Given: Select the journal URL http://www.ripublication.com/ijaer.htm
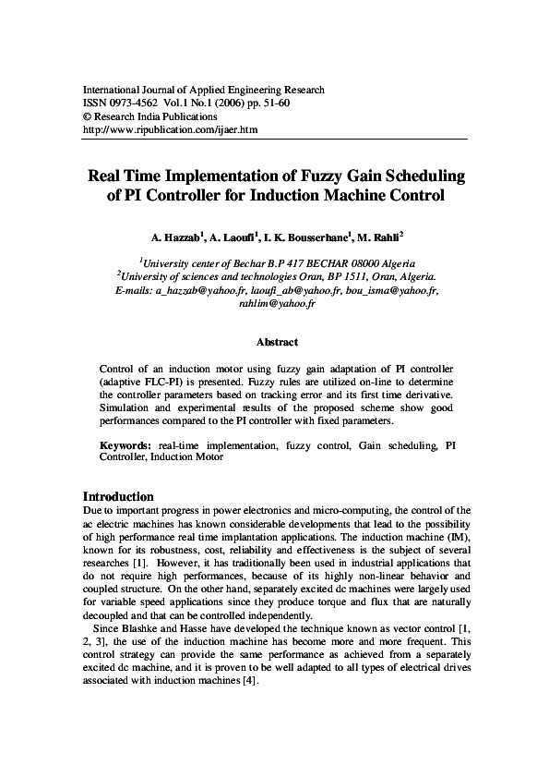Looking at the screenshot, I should [171, 130].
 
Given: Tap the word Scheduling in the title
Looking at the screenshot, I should [416, 176].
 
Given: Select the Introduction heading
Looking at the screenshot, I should [118, 496].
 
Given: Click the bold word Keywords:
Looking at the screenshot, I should [126, 445].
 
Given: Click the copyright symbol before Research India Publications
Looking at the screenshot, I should [88, 117].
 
